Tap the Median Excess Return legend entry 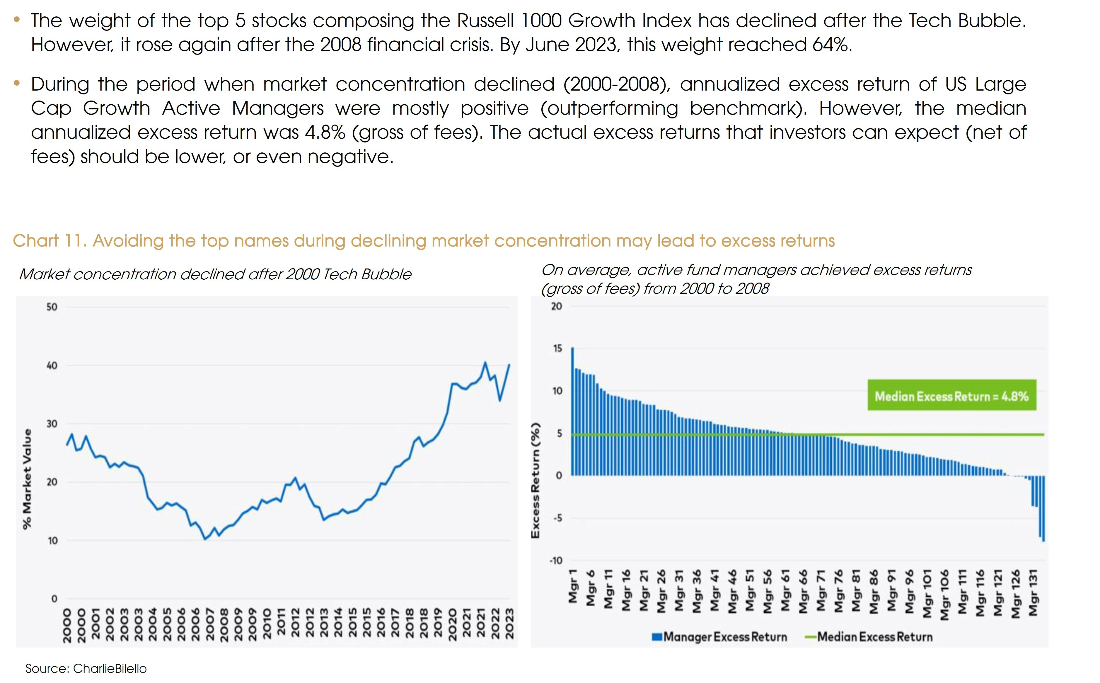[x=869, y=637]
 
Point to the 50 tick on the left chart [x=52, y=307]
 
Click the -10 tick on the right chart [x=556, y=560]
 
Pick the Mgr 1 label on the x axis [x=573, y=586]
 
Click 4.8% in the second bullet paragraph [x=325, y=132]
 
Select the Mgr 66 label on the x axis [x=803, y=591]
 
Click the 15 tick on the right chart [x=557, y=348]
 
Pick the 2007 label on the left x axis [x=210, y=624]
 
